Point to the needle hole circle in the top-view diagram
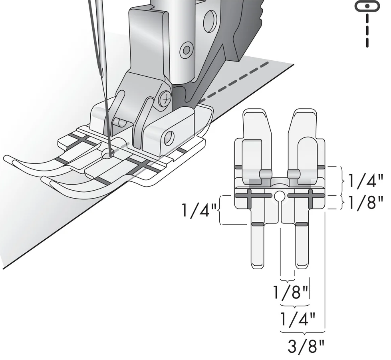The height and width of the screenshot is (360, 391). pyautogui.click(x=280, y=196)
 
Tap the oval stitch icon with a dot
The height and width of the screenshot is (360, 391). pyautogui.click(x=366, y=6)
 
